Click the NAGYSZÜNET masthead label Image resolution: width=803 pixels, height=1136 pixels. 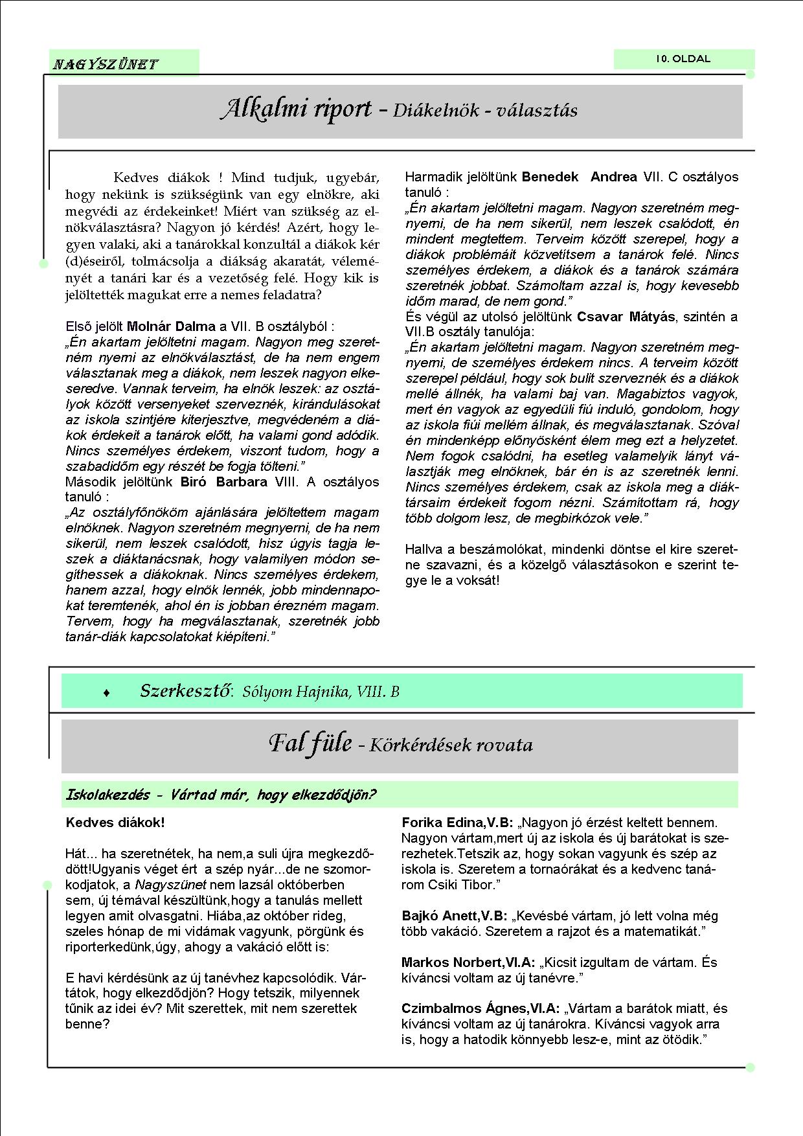point(105,64)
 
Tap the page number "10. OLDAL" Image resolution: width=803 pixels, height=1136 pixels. point(683,59)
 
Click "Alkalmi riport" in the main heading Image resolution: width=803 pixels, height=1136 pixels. point(296,109)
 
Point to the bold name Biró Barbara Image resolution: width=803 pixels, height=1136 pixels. point(223,482)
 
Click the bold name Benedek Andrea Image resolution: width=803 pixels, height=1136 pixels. point(579,177)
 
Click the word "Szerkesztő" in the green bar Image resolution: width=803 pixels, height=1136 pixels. point(186,691)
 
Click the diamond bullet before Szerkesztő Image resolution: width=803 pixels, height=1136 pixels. point(107,693)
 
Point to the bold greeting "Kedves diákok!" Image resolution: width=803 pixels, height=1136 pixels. point(115,823)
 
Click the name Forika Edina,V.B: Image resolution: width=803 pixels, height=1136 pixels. point(457,823)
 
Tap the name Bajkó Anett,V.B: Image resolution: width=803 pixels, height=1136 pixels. point(455,916)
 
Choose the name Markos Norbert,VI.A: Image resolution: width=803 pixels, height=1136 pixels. point(468,962)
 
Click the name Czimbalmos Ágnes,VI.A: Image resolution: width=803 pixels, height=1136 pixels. point(481,1008)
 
